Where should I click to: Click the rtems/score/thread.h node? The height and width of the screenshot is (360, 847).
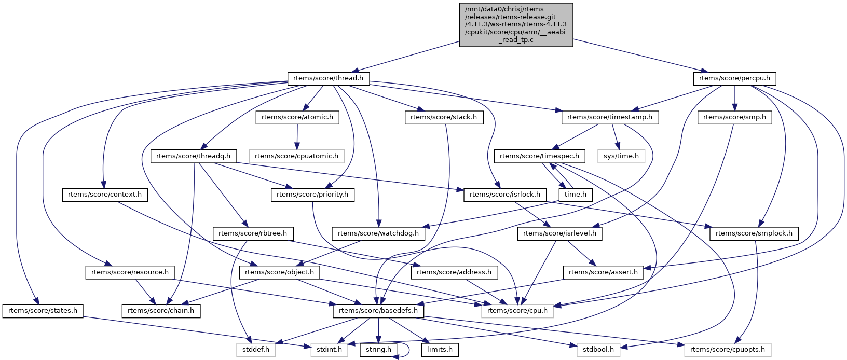point(328,78)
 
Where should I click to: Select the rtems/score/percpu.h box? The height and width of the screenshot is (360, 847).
point(734,78)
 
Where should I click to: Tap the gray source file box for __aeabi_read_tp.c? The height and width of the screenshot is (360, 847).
point(516,25)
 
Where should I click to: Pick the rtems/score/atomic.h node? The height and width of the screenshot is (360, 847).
point(297,117)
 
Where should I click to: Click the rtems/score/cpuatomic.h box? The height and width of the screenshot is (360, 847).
point(296,156)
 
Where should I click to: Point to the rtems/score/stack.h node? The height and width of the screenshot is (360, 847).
point(444,117)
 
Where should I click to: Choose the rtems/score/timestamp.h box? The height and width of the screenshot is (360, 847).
point(610,117)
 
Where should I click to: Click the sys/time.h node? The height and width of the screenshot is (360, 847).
point(621,156)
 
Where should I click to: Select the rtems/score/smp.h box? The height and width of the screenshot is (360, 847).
point(735,117)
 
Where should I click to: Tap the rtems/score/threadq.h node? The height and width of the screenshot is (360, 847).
point(193,156)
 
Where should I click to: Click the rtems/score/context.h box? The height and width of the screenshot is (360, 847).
point(105,195)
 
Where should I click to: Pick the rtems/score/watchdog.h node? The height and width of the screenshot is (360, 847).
point(378,234)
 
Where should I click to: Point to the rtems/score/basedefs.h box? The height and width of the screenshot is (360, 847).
point(378,311)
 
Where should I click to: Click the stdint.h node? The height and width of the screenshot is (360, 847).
point(329,350)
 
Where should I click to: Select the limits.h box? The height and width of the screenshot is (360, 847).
point(440,350)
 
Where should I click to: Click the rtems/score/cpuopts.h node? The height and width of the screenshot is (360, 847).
point(728,350)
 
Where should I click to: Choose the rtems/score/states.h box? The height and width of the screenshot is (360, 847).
point(43,311)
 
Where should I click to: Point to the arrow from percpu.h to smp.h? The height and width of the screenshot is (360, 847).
point(735,98)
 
